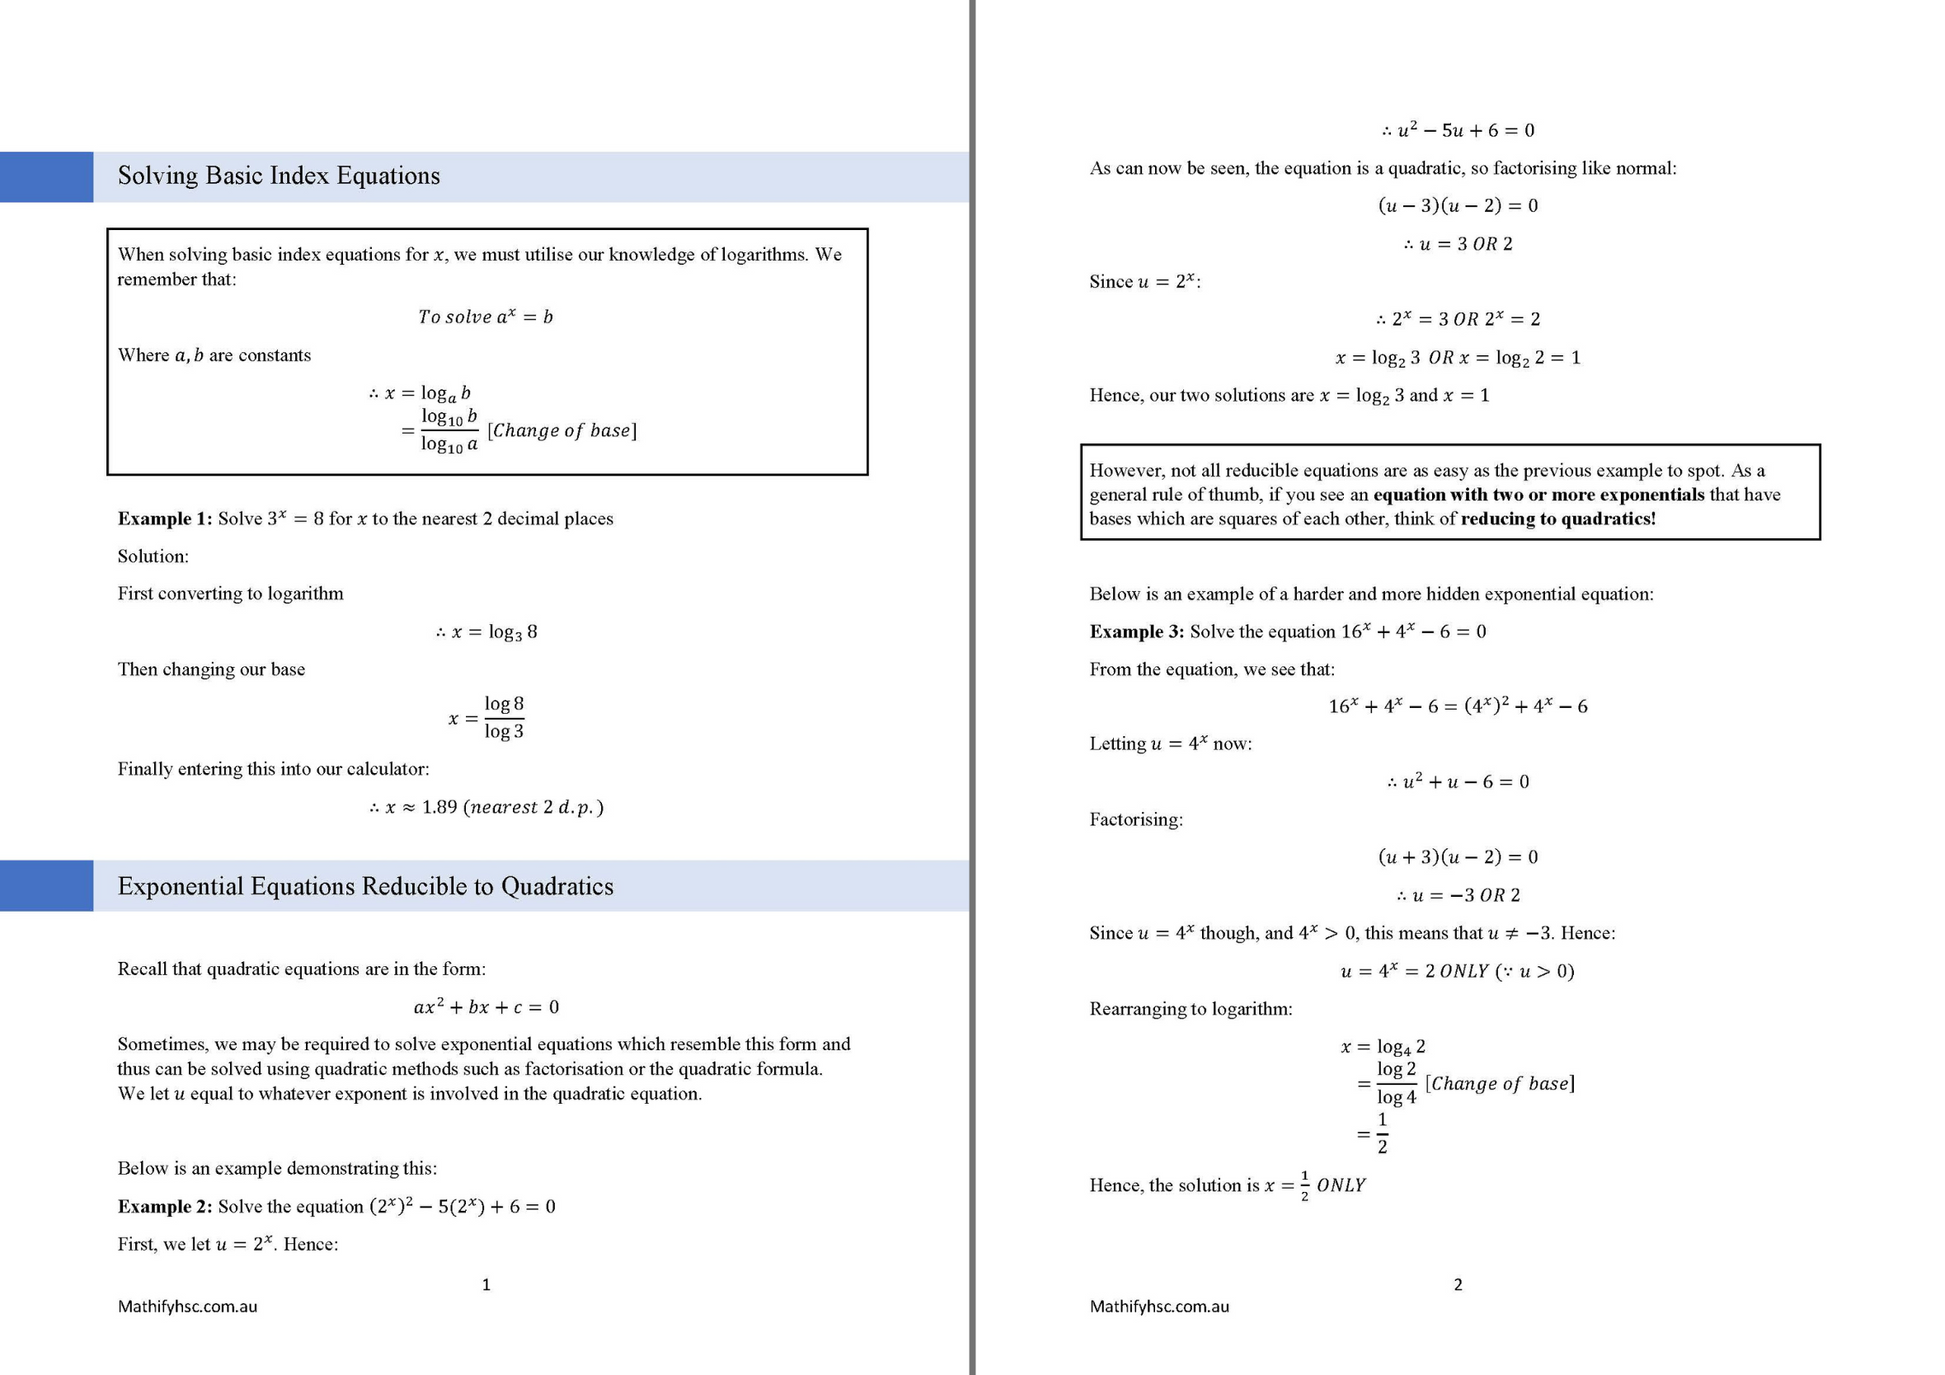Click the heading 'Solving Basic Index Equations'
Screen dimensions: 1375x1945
point(278,176)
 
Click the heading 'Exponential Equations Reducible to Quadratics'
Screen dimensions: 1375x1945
point(365,887)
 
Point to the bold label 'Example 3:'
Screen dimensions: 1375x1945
point(1136,632)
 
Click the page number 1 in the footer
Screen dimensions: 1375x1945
point(486,1285)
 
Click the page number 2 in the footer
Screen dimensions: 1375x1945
point(1458,1285)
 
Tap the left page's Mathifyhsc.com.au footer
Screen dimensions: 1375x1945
point(187,1307)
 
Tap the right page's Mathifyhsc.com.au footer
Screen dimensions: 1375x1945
point(1159,1307)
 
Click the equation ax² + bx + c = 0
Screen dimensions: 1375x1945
point(486,1007)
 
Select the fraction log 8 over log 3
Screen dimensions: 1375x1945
point(504,718)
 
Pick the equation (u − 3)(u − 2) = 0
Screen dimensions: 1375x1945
point(1458,206)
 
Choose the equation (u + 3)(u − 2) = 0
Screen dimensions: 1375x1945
point(1458,857)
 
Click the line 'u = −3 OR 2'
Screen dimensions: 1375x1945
point(1458,895)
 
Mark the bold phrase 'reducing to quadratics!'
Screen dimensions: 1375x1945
point(1558,519)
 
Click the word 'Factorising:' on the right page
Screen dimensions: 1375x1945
point(1136,820)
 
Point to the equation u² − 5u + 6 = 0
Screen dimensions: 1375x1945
point(1458,131)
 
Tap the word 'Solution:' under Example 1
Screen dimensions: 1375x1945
point(153,557)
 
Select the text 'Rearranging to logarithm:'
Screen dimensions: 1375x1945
point(1190,1009)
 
